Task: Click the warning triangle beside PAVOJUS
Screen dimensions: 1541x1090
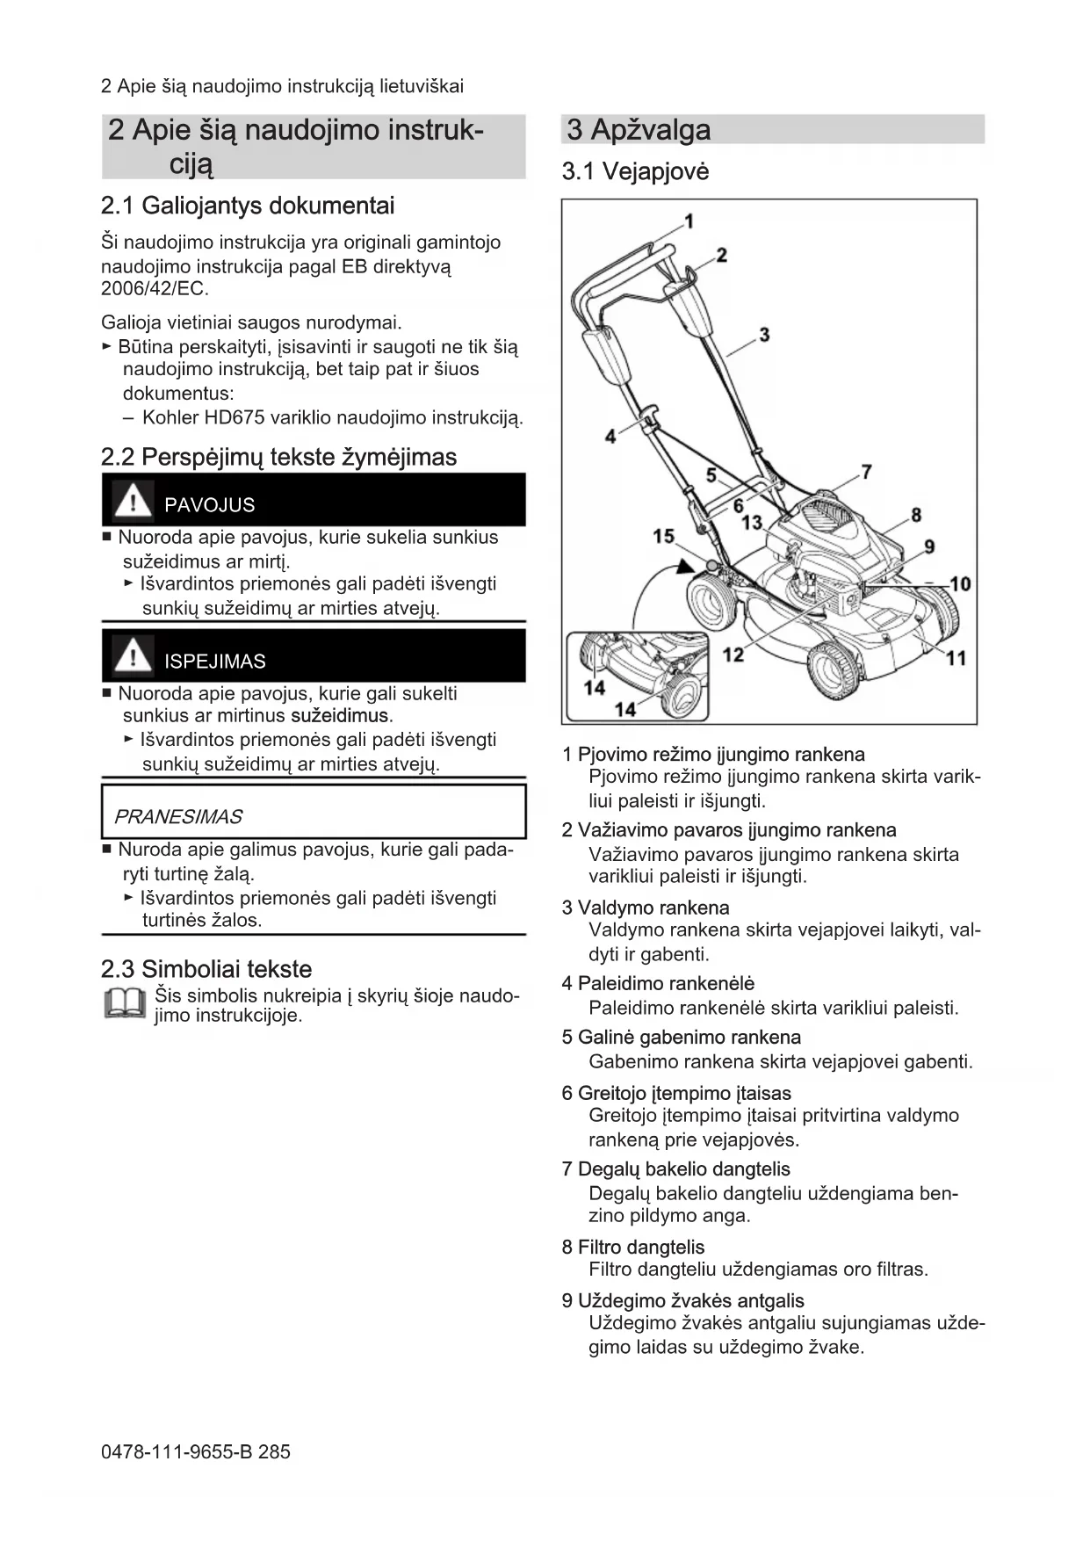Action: pyautogui.click(x=134, y=501)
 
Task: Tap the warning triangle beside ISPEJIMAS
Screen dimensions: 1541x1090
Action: pyautogui.click(x=134, y=656)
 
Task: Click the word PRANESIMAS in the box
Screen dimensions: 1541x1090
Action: pyautogui.click(x=178, y=817)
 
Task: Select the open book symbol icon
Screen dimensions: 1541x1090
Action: pyautogui.click(x=125, y=1004)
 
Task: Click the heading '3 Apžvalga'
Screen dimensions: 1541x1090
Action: pyautogui.click(x=639, y=130)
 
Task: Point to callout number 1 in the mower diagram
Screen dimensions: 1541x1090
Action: pyautogui.click(x=689, y=221)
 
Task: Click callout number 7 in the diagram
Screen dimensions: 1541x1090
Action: pyautogui.click(x=866, y=472)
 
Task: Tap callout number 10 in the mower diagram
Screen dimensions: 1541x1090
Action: pyautogui.click(x=959, y=583)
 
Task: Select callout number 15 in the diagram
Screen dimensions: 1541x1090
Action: pyautogui.click(x=664, y=536)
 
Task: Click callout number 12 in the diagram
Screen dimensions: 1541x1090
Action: pyautogui.click(x=733, y=654)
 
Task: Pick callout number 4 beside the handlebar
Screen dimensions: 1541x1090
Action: pyautogui.click(x=610, y=435)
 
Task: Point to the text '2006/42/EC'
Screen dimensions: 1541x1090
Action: pyautogui.click(x=154, y=289)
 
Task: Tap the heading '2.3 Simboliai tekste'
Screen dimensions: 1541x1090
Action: pyautogui.click(x=206, y=969)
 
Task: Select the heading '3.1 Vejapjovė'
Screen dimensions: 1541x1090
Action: pyautogui.click(x=635, y=171)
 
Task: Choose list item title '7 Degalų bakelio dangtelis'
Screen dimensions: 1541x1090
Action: pyautogui.click(x=675, y=1169)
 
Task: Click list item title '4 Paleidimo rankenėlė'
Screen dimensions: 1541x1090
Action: pyautogui.click(x=658, y=984)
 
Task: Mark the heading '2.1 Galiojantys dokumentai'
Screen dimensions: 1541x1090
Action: pyautogui.click(x=248, y=206)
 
